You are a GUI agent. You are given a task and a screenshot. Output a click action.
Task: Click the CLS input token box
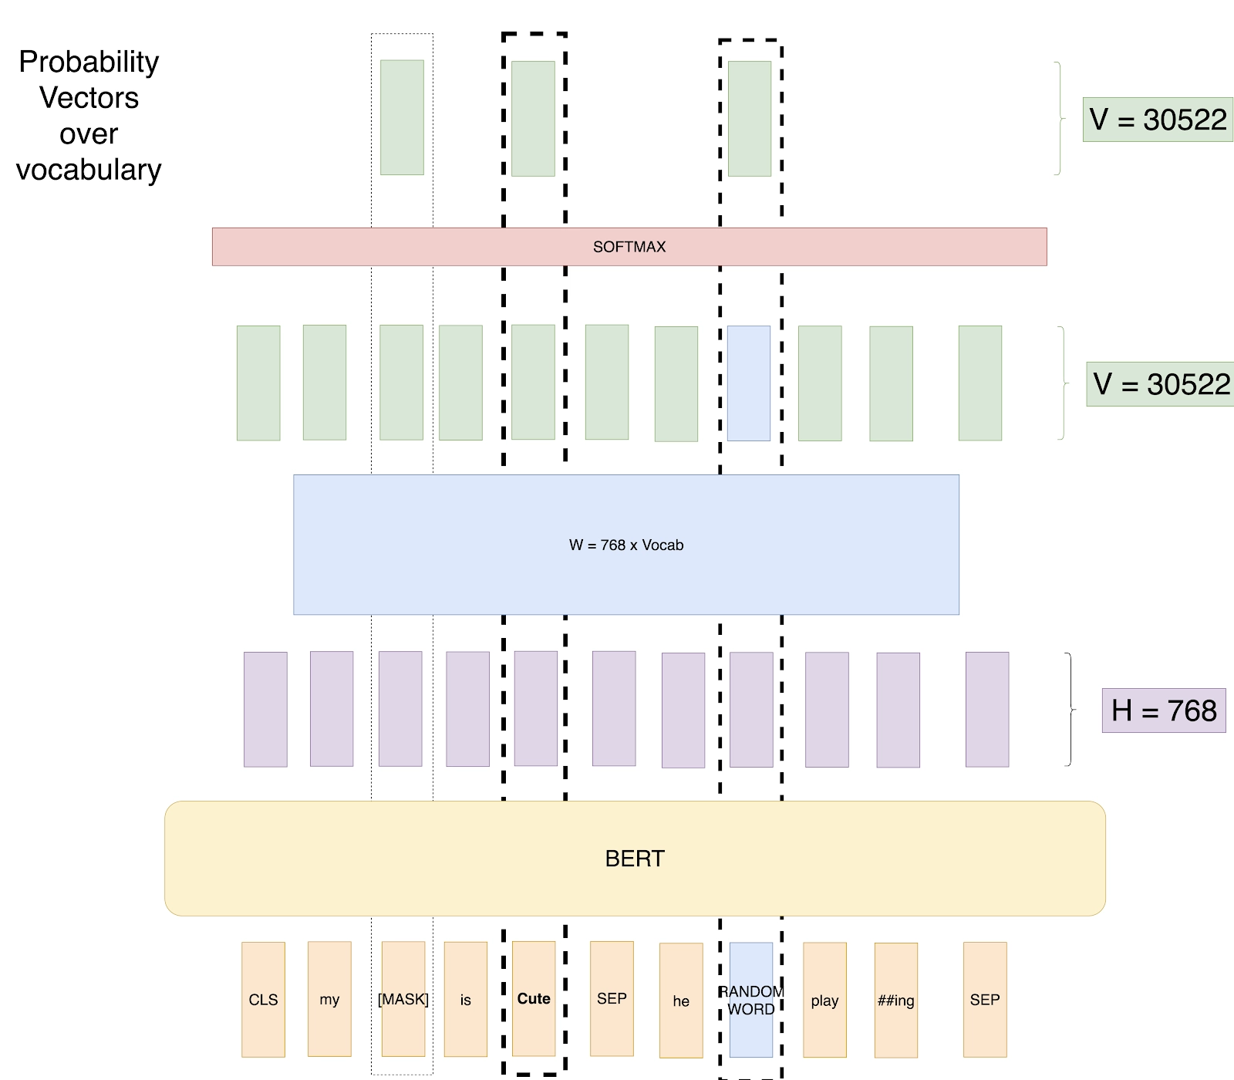click(263, 999)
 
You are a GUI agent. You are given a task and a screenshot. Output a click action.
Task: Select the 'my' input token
click(329, 999)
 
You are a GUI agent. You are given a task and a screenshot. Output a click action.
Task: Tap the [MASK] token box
click(403, 999)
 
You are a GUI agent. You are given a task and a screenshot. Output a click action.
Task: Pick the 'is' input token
click(466, 1000)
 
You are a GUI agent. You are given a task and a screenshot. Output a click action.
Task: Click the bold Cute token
click(534, 998)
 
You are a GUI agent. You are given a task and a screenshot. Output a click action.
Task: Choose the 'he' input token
click(681, 1001)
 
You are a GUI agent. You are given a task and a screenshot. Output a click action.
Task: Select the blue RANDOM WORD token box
click(751, 1000)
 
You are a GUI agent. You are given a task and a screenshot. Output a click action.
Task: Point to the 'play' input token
click(824, 1000)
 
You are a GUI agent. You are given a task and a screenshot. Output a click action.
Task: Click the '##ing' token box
click(896, 1001)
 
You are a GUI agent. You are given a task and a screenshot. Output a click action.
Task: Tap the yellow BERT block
click(635, 859)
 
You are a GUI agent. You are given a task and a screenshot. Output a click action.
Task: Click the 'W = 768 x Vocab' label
click(626, 545)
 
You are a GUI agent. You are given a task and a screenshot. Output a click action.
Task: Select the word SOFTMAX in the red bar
click(629, 247)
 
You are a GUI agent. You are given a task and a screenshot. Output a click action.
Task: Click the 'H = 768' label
click(1163, 710)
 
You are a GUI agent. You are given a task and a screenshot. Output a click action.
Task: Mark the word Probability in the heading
click(89, 62)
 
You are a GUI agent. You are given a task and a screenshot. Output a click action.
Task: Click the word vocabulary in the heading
click(89, 170)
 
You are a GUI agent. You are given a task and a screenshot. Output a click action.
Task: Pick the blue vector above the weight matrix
click(749, 383)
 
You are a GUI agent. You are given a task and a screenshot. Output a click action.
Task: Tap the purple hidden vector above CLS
click(265, 710)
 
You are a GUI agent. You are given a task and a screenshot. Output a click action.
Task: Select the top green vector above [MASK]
click(402, 117)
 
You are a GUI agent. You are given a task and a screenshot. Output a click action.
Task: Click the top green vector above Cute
click(533, 119)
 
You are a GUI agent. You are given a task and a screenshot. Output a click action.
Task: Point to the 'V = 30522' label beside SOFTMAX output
click(1158, 120)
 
